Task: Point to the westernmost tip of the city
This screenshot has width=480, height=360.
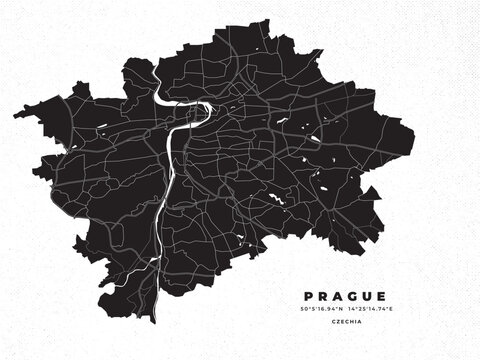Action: point(15,115)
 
